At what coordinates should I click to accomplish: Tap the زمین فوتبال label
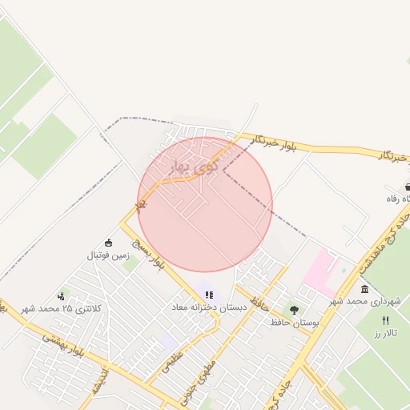108,255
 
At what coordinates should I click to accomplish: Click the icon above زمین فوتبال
109,243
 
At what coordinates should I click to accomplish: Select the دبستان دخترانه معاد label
209,307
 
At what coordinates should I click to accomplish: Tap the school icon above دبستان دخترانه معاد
210,295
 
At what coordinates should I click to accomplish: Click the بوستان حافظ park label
294,322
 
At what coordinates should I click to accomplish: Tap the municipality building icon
364,289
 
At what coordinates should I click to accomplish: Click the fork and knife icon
385,320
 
